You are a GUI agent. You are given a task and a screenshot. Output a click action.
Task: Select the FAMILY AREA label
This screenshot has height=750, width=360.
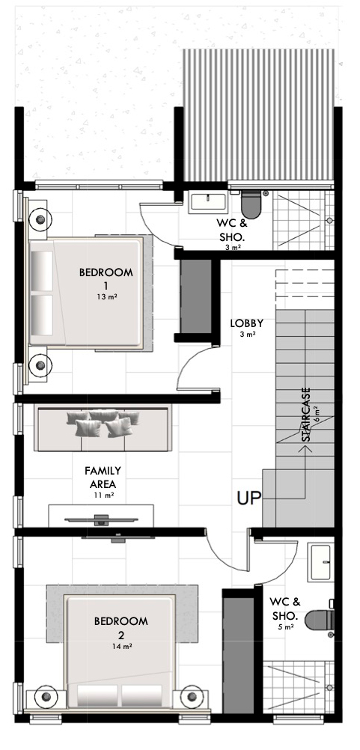[x=103, y=478]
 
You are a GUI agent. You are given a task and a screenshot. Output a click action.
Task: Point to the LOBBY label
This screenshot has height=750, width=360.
[x=247, y=323]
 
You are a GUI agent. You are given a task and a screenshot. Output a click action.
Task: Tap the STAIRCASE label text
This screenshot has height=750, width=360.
[x=306, y=414]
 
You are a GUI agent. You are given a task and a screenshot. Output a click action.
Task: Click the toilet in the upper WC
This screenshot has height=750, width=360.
[x=251, y=204]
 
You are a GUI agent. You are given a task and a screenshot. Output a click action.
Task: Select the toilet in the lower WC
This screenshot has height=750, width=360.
[x=320, y=621]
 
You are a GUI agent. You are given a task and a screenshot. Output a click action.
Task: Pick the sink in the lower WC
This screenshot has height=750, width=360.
[x=320, y=562]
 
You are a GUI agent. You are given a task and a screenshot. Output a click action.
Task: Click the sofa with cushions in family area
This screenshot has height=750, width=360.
[x=103, y=428]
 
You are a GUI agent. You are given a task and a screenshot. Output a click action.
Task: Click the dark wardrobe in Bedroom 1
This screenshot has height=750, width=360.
[x=195, y=296]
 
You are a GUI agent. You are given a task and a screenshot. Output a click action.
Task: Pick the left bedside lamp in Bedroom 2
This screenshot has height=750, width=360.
[x=46, y=696]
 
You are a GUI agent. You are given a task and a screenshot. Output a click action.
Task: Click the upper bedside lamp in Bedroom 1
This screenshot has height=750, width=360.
[x=40, y=220]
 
